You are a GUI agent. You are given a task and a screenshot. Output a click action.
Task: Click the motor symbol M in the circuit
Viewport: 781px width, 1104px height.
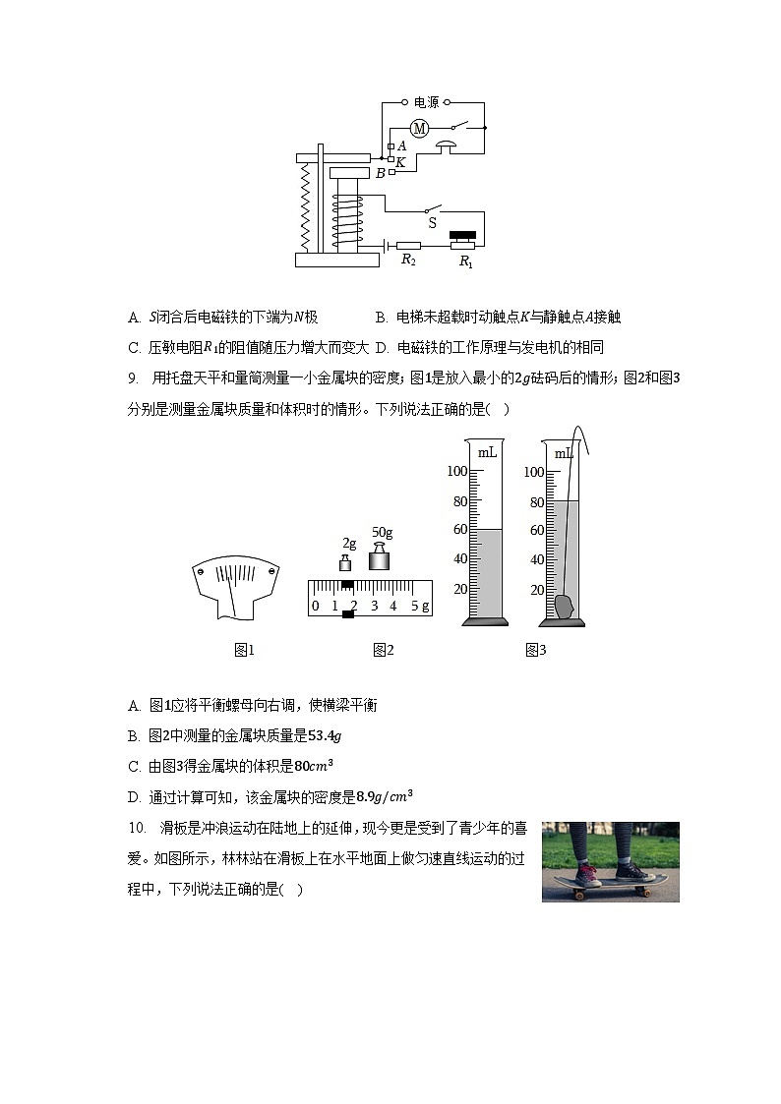point(420,128)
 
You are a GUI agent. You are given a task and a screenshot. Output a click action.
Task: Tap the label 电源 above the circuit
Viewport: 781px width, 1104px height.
point(425,101)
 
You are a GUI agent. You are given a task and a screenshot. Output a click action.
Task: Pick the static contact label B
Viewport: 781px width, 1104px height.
point(380,174)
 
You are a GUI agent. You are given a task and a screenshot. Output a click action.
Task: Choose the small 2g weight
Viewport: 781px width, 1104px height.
point(346,562)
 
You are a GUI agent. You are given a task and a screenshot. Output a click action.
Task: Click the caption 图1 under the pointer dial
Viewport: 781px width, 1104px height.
point(244,650)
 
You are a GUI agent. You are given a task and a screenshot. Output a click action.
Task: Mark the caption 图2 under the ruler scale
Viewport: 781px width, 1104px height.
point(383,650)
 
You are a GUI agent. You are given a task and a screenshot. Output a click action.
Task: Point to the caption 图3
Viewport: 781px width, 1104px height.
point(535,650)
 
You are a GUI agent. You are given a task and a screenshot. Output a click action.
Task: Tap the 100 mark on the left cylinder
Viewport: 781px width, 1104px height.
point(456,472)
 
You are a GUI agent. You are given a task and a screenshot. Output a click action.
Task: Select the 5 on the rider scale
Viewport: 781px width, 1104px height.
point(414,607)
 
